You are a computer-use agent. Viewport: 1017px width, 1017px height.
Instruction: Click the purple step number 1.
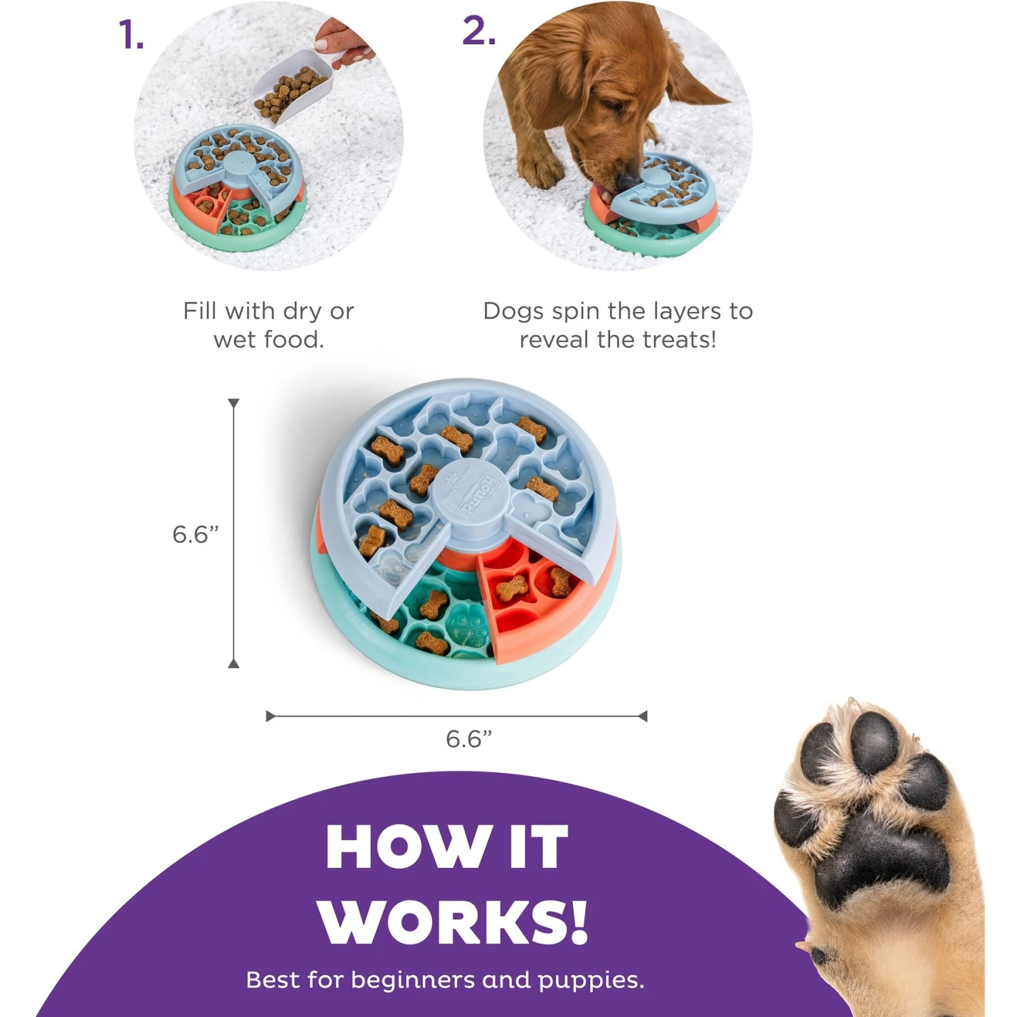click(x=131, y=35)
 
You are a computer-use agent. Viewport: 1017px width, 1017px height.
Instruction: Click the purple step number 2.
click(x=479, y=31)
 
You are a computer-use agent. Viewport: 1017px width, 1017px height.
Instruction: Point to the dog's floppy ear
click(x=692, y=75)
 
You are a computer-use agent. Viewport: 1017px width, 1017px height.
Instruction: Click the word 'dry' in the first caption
click(x=303, y=311)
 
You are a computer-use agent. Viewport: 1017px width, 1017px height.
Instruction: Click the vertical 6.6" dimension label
click(x=195, y=534)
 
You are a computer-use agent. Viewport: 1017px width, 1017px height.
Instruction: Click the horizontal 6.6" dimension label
click(x=468, y=738)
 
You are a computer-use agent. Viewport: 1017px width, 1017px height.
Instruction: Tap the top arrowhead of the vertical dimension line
click(x=234, y=403)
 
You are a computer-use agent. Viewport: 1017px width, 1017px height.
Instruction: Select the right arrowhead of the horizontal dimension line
click(x=643, y=716)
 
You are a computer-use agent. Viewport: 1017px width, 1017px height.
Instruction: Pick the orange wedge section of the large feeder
click(x=529, y=603)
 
